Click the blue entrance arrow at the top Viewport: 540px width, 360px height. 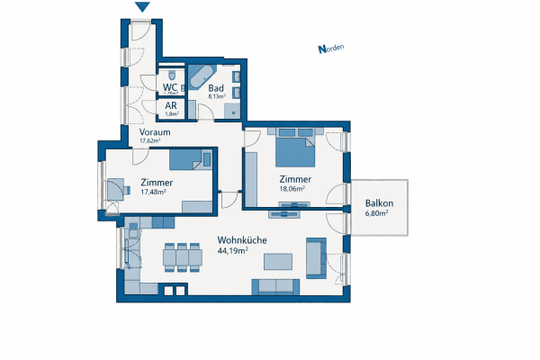142,8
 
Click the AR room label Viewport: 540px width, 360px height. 170,105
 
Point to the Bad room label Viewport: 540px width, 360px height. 216,88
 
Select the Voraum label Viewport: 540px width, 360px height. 155,131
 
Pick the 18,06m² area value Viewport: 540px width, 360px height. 292,189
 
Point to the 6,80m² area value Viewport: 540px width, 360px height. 376,214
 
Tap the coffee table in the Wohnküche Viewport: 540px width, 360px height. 278,263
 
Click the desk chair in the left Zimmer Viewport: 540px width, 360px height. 115,187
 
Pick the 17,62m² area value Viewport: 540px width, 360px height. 149,141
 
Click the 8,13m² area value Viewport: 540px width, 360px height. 217,98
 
